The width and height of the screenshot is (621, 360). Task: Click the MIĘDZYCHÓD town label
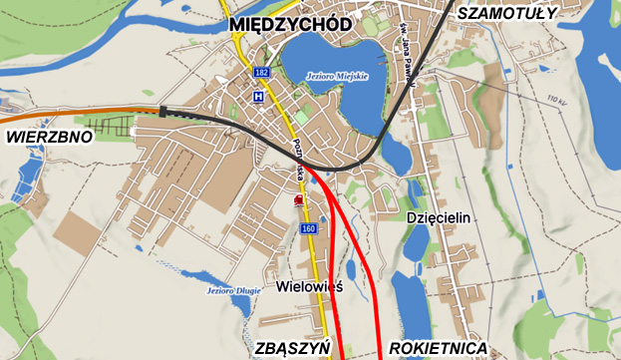[289, 23]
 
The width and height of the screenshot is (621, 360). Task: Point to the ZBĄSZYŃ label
[292, 348]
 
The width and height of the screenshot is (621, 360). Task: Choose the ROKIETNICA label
[439, 348]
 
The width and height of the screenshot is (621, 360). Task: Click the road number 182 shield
[261, 73]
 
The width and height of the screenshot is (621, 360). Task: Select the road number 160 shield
[308, 229]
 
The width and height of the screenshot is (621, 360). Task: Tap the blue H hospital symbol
[258, 97]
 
